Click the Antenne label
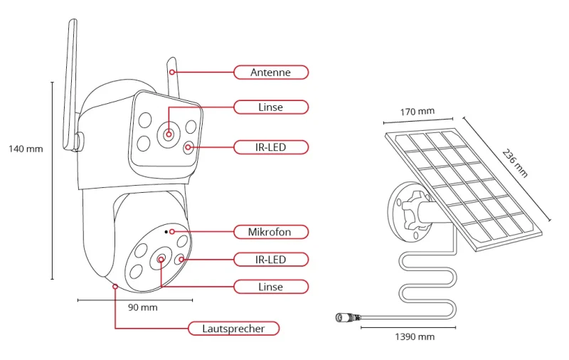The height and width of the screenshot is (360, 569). click(270, 72)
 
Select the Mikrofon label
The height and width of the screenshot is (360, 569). click(270, 232)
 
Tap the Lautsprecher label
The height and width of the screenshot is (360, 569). click(233, 329)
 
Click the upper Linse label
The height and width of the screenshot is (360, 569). click(270, 107)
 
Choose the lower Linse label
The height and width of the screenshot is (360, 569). click(270, 287)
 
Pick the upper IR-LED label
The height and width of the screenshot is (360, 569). click(270, 147)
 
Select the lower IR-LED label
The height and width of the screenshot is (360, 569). click(270, 260)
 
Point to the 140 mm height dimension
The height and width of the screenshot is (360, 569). click(26, 149)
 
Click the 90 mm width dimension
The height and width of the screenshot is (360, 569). click(142, 308)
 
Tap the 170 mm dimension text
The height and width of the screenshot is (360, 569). click(417, 112)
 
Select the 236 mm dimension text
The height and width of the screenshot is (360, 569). click(516, 162)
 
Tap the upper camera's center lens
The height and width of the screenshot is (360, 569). click(169, 133)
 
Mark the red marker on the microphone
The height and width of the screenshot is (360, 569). click(171, 232)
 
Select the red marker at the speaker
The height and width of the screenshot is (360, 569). click(115, 287)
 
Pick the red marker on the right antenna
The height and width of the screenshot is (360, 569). click(171, 72)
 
